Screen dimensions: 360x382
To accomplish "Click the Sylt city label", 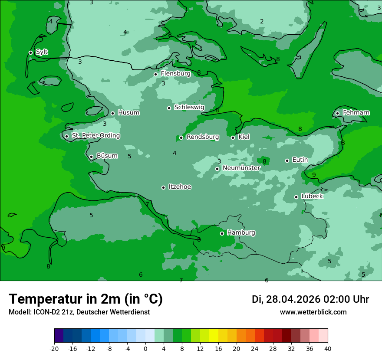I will [42, 52].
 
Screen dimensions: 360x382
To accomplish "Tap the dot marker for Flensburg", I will [155, 74].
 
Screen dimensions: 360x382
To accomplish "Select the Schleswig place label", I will [189, 107].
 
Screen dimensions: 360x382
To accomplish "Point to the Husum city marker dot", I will [112, 113].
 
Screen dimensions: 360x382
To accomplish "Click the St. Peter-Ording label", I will [95, 136].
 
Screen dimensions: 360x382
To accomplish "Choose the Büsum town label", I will [107, 156].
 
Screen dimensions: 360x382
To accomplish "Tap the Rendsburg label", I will [202, 137].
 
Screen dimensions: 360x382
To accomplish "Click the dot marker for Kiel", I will [233, 137].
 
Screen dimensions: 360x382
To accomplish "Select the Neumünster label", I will [241, 168].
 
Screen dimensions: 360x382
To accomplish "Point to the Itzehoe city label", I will [180, 187].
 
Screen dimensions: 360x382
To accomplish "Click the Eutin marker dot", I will [287, 160].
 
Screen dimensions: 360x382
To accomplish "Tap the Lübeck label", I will [312, 196].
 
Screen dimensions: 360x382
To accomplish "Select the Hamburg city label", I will [241, 232].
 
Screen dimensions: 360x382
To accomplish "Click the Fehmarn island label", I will [356, 113].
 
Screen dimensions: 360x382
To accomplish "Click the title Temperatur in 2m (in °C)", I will [86, 299].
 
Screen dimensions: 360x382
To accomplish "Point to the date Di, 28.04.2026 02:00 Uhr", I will [310, 299].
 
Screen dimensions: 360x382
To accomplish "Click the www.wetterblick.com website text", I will [313, 312].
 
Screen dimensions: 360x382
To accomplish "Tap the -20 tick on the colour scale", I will [54, 348].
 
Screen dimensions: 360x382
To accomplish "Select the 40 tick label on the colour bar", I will [327, 348].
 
